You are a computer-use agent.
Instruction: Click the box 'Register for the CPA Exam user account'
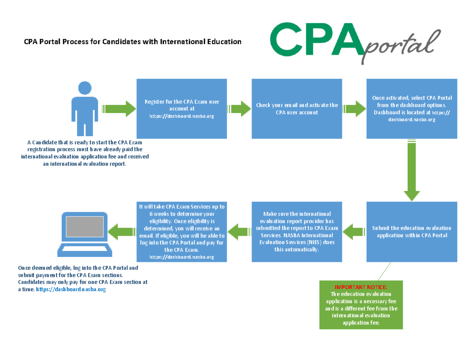coord(181,108)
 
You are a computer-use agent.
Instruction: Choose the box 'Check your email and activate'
coord(297,108)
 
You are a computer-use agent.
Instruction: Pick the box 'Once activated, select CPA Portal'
coord(412,108)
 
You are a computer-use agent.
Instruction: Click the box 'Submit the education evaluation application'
coord(412,232)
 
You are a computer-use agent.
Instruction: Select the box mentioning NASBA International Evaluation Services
coord(297,232)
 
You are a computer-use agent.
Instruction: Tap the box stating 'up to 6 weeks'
coord(181,232)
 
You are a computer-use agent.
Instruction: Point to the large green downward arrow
coord(412,173)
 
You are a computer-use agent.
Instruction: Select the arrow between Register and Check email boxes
coord(239,108)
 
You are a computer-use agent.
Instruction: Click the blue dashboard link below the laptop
coord(71,289)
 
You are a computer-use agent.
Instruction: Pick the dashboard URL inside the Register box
coord(182,116)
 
